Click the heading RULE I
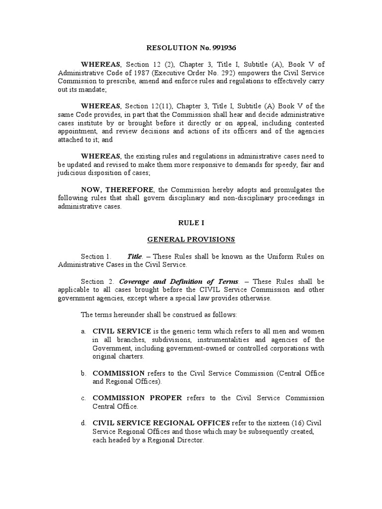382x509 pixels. point(191,223)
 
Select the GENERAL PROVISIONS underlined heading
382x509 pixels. point(191,240)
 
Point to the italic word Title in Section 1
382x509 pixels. point(135,256)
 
